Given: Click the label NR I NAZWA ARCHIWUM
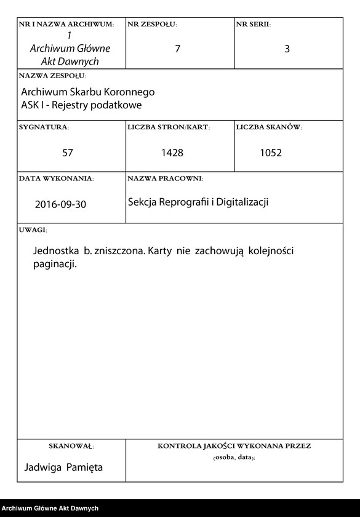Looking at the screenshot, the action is coord(66,25).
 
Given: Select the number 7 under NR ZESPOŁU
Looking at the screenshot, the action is coord(178,49).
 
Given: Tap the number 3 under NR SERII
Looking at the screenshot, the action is coord(287,49).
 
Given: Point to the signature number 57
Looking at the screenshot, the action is coord(68,153).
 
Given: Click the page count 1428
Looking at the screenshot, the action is coord(172,153).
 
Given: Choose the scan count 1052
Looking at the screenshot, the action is coord(271,153).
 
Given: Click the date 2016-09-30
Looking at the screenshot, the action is coord(60,204).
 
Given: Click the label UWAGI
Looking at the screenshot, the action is coord(33,230).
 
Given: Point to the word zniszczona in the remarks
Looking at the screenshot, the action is coord(121,252).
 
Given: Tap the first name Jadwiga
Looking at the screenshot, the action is coord(42,468).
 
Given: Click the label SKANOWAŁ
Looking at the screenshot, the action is coord(71,446).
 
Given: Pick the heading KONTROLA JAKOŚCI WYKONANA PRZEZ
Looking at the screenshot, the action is coord(234,446).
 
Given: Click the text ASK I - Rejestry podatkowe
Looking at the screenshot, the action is coord(81,105).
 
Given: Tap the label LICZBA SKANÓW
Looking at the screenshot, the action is coord(268,127).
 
